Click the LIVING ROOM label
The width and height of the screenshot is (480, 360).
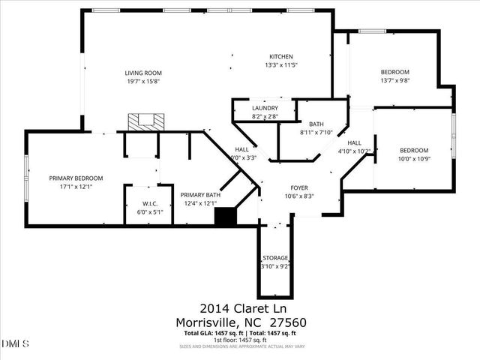[x=142, y=73]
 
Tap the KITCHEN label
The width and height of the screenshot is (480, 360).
[x=281, y=57]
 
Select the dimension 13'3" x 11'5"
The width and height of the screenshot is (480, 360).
[x=281, y=65]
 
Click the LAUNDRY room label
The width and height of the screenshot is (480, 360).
[x=265, y=108]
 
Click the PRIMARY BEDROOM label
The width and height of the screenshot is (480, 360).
[x=76, y=178]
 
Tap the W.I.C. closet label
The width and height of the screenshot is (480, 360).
[x=149, y=203]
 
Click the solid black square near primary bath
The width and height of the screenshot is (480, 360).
[x=225, y=217]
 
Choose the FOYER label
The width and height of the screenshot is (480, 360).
[x=300, y=187]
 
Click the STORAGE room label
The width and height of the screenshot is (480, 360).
[x=275, y=258]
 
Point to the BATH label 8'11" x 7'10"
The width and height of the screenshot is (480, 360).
[x=316, y=124]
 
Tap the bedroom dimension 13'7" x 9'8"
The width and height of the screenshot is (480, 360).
[x=394, y=80]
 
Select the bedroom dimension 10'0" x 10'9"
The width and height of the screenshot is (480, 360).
[x=413, y=158]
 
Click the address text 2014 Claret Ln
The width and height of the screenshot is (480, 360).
[x=243, y=308]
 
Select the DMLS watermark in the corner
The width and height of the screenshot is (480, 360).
[x=15, y=343]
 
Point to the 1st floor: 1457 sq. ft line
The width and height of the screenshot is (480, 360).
[x=241, y=340]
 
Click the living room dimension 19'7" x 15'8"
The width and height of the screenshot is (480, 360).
[x=142, y=81]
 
